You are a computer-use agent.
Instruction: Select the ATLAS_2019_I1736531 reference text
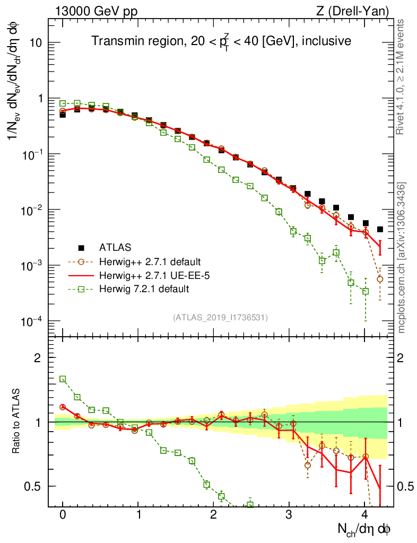tap(220, 317)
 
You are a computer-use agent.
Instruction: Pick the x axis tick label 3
tap(289, 515)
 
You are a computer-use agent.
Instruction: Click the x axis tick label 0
tap(63, 515)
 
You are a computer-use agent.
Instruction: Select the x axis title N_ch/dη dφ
tap(364, 529)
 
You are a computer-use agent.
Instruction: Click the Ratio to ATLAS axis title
tap(18, 422)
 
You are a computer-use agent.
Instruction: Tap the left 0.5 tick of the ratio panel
tap(34, 486)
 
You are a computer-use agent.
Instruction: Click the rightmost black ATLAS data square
tap(380, 229)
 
